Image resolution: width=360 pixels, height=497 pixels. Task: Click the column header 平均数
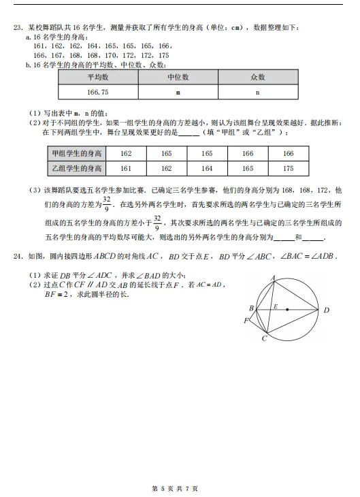pyautogui.click(x=98, y=78)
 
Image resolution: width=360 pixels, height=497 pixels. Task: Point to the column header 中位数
pyautogui.click(x=178, y=78)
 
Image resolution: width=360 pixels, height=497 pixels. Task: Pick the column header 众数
pyautogui.click(x=257, y=78)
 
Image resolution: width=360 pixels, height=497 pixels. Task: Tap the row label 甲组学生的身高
pyautogui.click(x=76, y=154)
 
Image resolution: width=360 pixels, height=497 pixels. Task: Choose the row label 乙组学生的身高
pyautogui.click(x=76, y=167)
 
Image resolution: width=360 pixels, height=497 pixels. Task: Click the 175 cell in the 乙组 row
pyautogui.click(x=288, y=167)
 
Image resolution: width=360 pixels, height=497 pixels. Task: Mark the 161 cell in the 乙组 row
pyautogui.click(x=125, y=167)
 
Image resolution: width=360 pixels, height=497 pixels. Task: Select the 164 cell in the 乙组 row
pyautogui.click(x=207, y=167)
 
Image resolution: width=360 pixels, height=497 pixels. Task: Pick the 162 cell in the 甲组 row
pyautogui.click(x=125, y=154)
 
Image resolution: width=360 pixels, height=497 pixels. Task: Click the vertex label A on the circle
pyautogui.click(x=272, y=277)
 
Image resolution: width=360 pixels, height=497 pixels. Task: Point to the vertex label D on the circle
pyautogui.click(x=326, y=310)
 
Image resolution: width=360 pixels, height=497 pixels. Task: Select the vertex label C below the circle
pyautogui.click(x=264, y=338)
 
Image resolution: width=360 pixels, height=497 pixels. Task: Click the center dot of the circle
pyautogui.click(x=287, y=309)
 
